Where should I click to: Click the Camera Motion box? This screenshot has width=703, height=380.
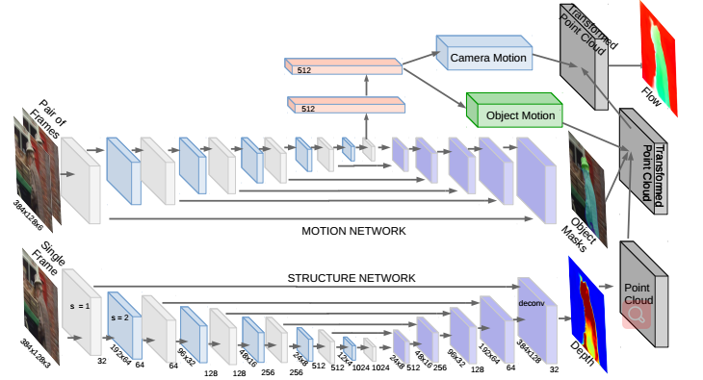pyautogui.click(x=488, y=59)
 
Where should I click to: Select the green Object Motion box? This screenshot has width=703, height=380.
pyautogui.click(x=520, y=115)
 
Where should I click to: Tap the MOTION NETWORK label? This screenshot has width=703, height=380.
pyautogui.click(x=355, y=231)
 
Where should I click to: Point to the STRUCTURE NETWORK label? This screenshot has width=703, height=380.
pyautogui.click(x=351, y=278)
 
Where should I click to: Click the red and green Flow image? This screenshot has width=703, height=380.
pyautogui.click(x=659, y=53)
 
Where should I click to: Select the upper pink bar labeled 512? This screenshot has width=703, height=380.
pyautogui.click(x=342, y=67)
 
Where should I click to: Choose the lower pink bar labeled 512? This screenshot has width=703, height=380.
pyautogui.click(x=342, y=107)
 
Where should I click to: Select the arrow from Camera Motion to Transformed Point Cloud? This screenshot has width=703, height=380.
pyautogui.click(x=573, y=64)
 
